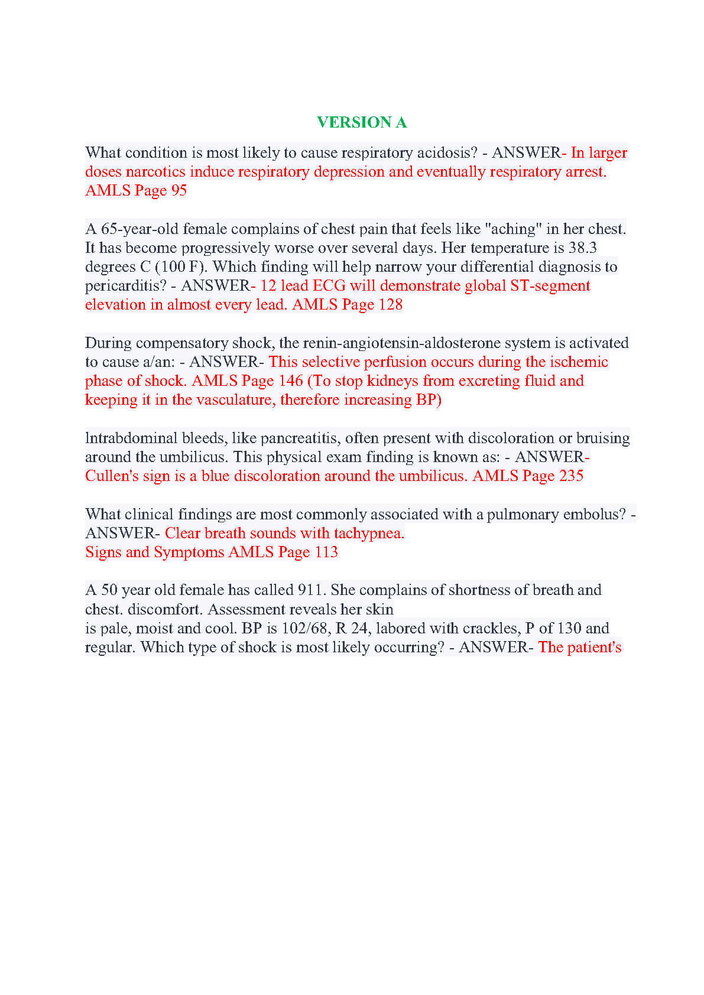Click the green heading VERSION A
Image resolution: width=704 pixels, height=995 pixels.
[361, 122]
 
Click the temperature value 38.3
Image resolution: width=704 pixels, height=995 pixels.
[582, 248]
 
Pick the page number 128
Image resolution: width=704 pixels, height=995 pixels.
[391, 304]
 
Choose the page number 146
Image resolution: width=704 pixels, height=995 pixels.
[291, 381]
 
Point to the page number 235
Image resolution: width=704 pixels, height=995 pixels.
[571, 476]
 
